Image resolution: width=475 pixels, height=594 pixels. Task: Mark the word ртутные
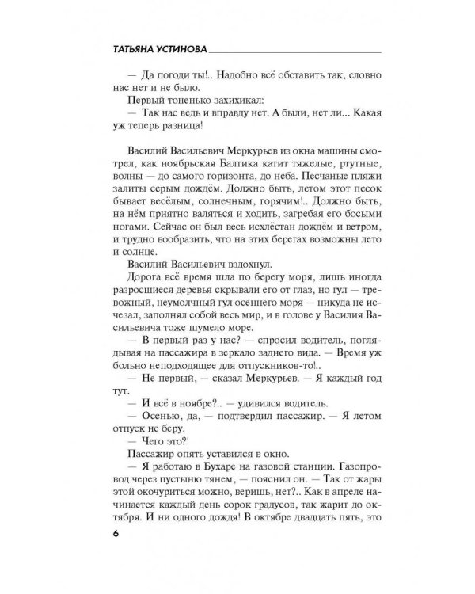coord(340,167)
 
